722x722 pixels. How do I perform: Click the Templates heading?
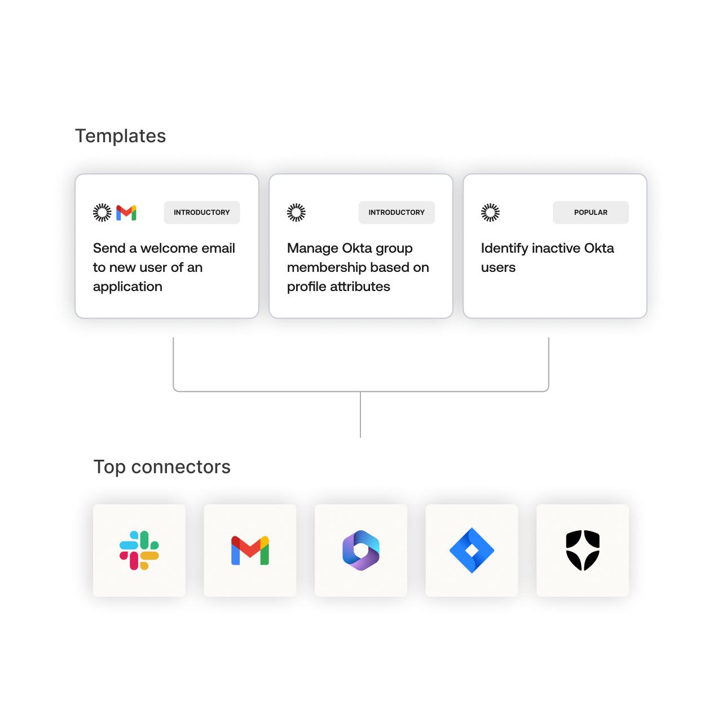pyautogui.click(x=120, y=136)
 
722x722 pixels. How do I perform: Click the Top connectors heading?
pyautogui.click(x=162, y=467)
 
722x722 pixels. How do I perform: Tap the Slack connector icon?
pyautogui.click(x=139, y=551)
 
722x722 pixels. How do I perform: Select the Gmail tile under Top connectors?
pyautogui.click(x=250, y=551)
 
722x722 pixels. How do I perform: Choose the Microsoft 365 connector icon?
pyautogui.click(x=361, y=551)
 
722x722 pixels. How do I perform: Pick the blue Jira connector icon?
pyautogui.click(x=472, y=551)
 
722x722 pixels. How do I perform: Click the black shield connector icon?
pyautogui.click(x=583, y=551)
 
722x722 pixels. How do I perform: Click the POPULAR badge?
pyautogui.click(x=591, y=213)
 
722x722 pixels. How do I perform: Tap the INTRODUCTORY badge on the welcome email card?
pyautogui.click(x=202, y=213)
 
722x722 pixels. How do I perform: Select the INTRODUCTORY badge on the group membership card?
pyautogui.click(x=397, y=213)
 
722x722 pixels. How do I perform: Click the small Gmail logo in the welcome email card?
pyautogui.click(x=126, y=213)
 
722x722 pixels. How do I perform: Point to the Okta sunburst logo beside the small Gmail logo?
pyautogui.click(x=102, y=213)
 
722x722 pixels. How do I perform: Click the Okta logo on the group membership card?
pyautogui.click(x=296, y=213)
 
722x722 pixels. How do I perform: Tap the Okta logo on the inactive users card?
pyautogui.click(x=490, y=213)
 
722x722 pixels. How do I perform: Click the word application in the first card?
pyautogui.click(x=127, y=287)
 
